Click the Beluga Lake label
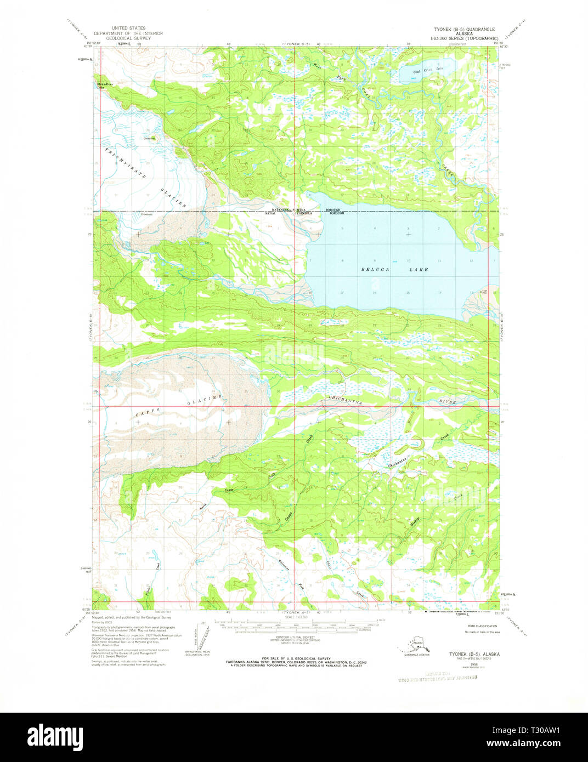tap(394, 270)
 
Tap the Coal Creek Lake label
tap(427, 71)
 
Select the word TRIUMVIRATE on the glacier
tap(126, 163)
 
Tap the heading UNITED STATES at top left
tap(128, 27)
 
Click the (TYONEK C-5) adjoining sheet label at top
tap(297, 43)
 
